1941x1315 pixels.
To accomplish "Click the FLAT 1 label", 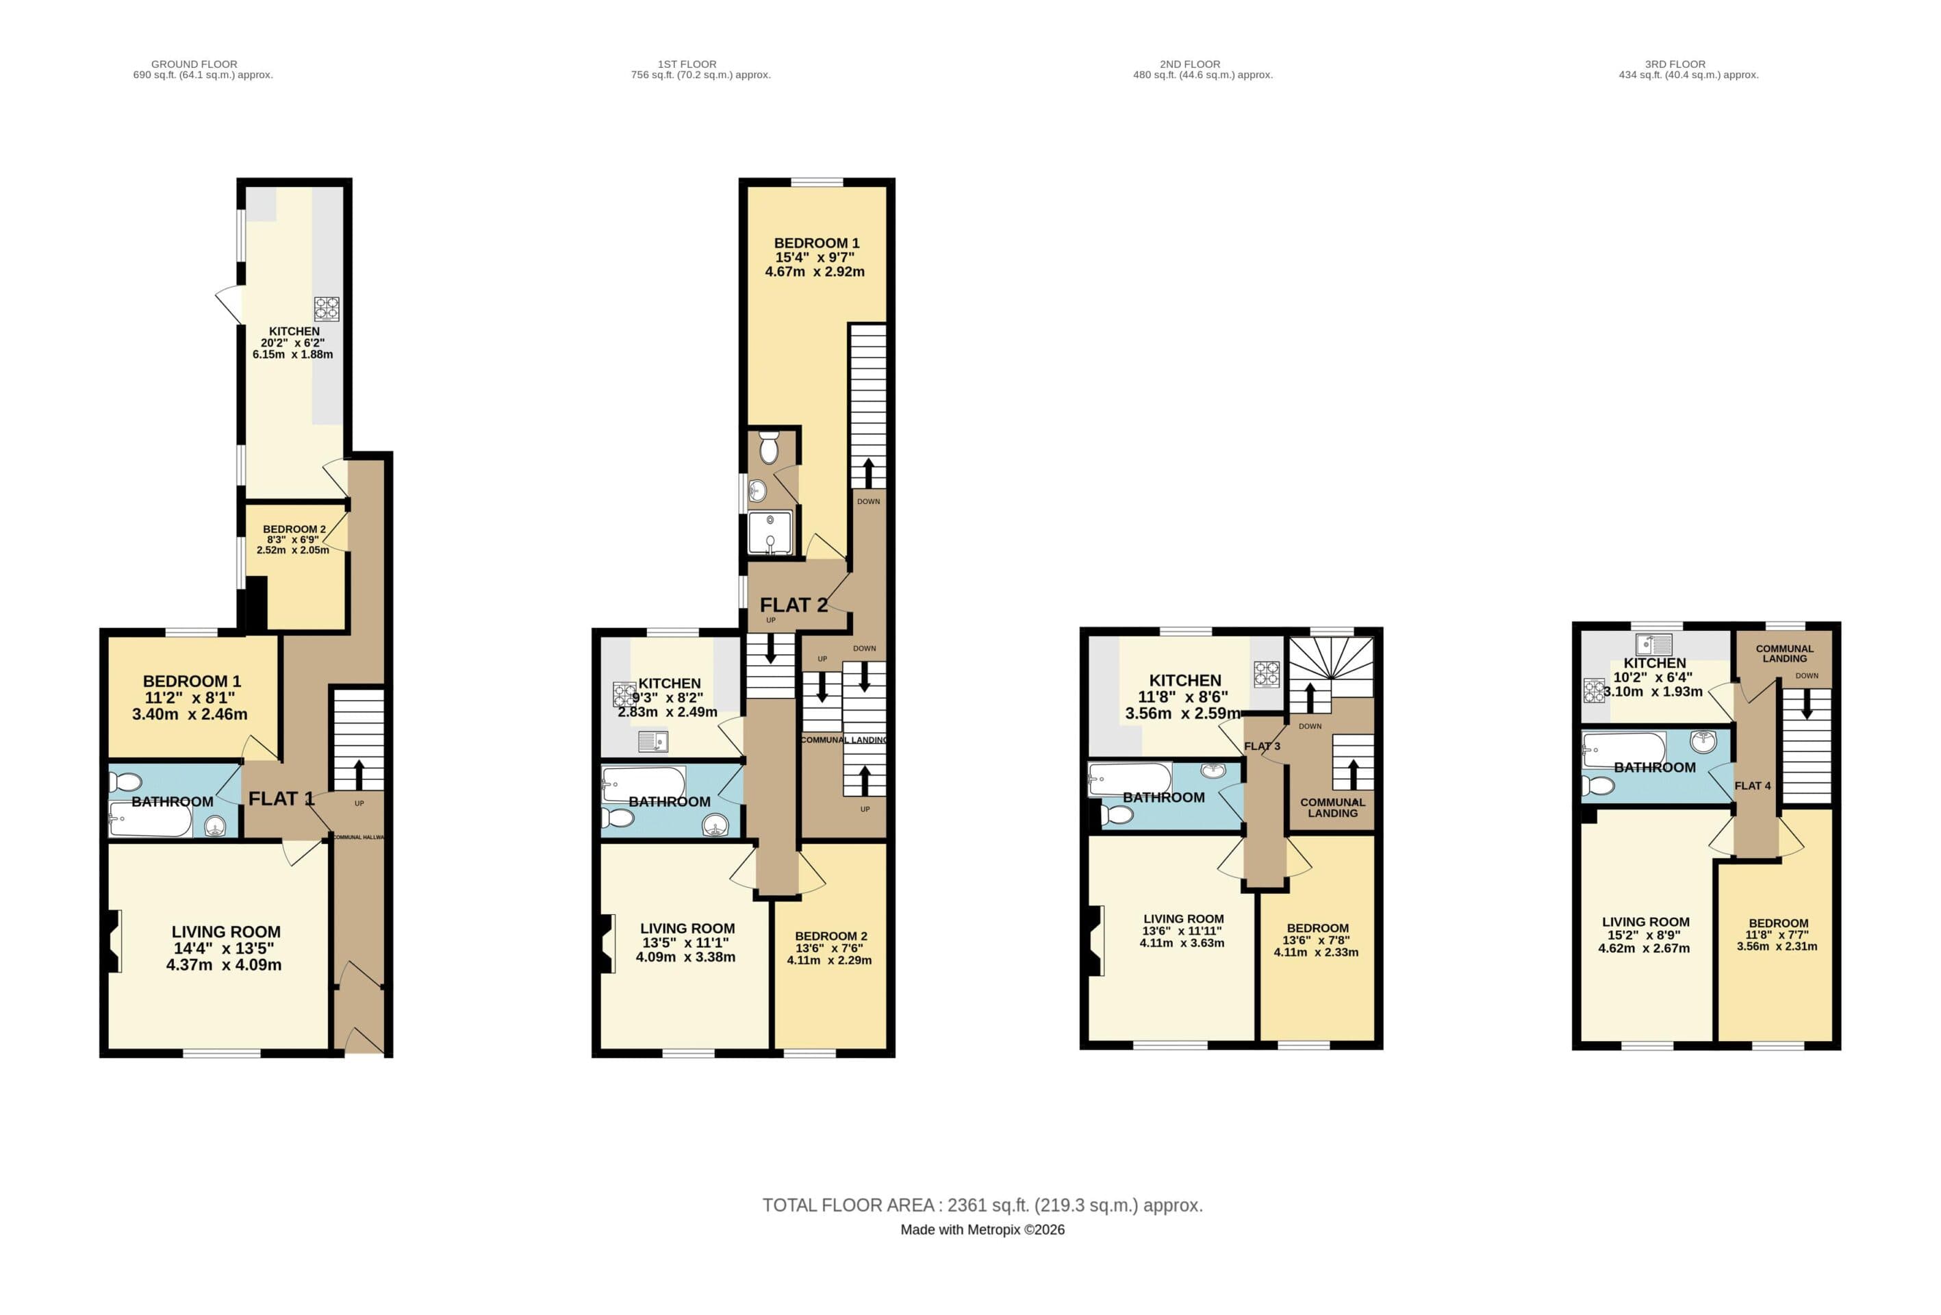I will coord(281,799).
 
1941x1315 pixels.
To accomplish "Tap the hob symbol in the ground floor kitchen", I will coord(327,309).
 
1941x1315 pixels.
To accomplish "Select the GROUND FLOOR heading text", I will coord(194,64).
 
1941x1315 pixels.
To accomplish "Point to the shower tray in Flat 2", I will coord(770,532).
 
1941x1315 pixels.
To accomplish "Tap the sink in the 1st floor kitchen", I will coord(652,741).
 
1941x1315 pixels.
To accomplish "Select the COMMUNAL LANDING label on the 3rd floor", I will coord(1784,653).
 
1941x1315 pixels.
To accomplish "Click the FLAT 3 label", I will coord(1261,746).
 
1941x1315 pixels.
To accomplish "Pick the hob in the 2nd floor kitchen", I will coord(1266,673).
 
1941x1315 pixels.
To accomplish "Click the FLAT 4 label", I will coord(1752,786).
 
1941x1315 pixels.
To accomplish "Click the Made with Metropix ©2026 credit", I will coord(982,1230).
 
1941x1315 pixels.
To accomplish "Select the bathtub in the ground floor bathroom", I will coord(151,821).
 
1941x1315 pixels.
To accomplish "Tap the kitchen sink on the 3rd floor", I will coord(1655,644).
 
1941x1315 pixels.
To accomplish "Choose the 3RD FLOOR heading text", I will coord(1675,64).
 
